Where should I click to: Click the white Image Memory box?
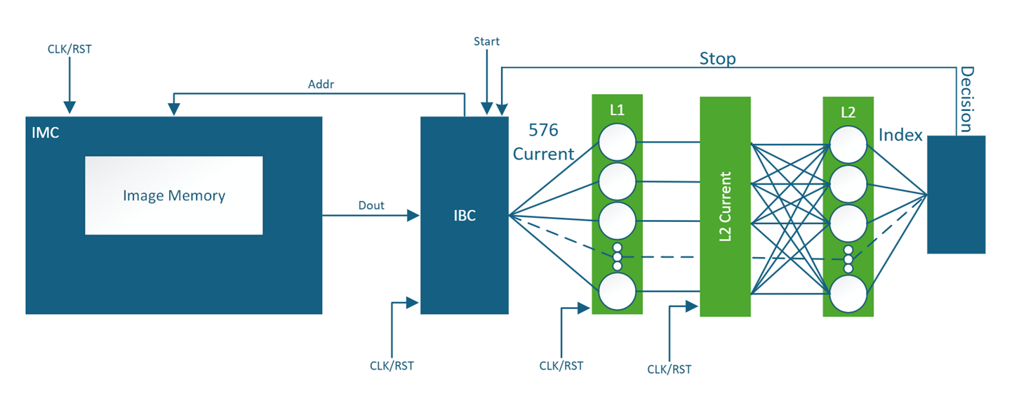(173, 195)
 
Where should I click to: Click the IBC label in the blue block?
(464, 216)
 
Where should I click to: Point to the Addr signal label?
(321, 84)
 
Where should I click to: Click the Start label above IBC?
(486, 41)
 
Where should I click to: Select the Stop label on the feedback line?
(717, 58)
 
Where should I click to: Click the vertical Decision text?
(966, 99)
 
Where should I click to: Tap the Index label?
(900, 135)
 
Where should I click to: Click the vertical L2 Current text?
(725, 207)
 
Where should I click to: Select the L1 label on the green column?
(617, 110)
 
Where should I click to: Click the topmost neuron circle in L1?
(617, 143)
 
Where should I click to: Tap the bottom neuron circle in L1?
(617, 291)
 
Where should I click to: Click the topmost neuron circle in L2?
(848, 145)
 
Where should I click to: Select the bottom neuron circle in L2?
(848, 293)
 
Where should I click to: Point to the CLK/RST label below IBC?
(392, 366)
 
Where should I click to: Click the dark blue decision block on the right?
(956, 195)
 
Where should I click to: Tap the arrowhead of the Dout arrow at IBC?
(414, 216)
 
